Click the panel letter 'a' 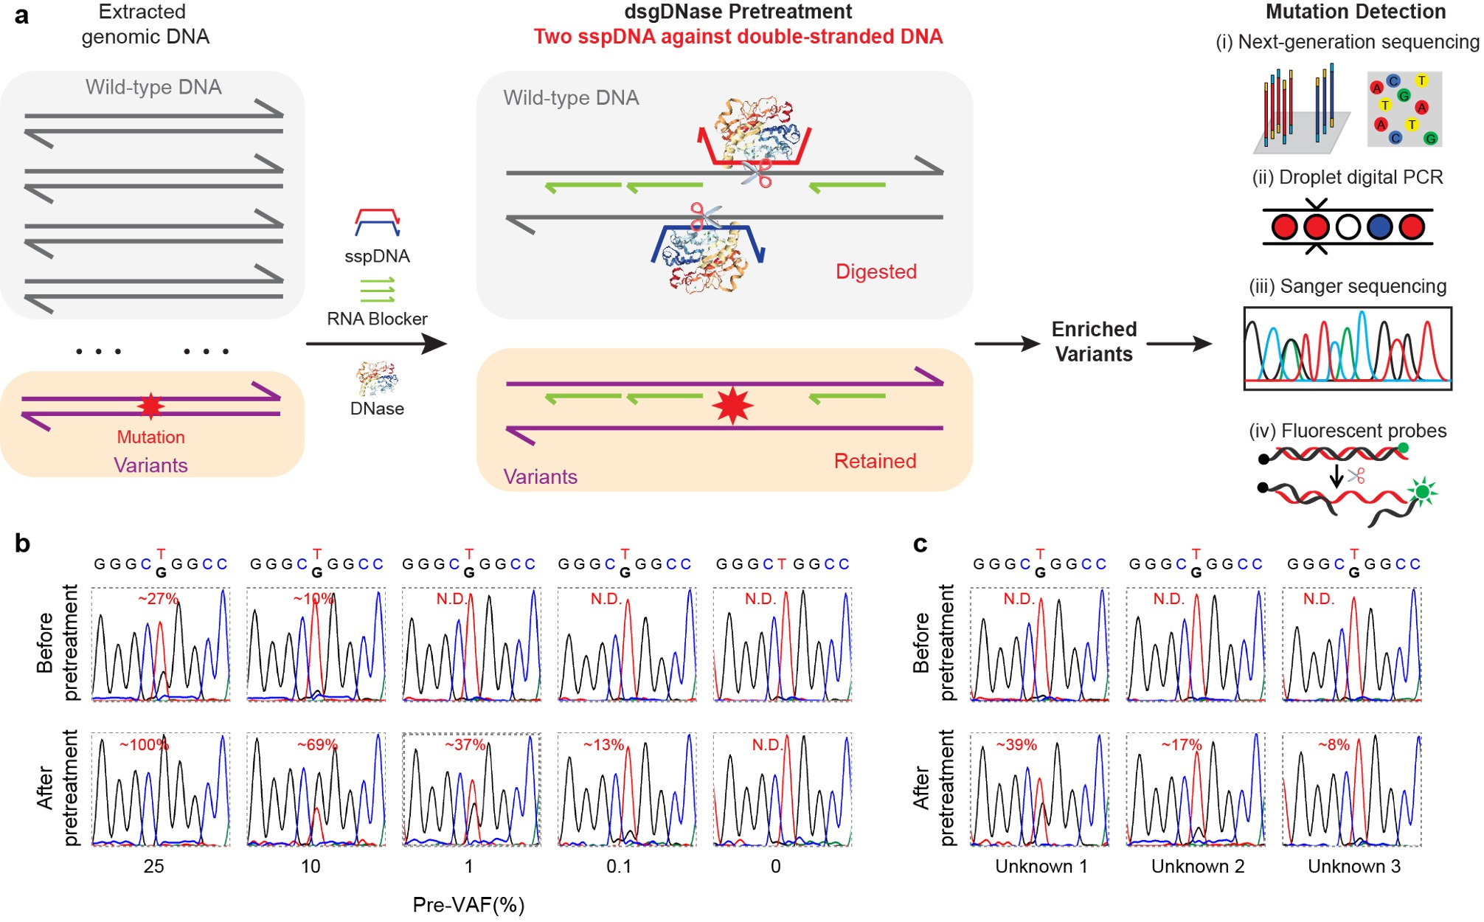click(x=22, y=15)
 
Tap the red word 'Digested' click(x=876, y=271)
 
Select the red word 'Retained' click(x=875, y=461)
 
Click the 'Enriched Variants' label click(x=1094, y=342)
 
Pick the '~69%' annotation click(x=317, y=745)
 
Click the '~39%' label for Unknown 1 click(x=1016, y=745)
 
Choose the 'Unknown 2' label click(x=1198, y=866)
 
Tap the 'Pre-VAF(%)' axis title click(x=468, y=904)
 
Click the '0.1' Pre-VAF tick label click(x=619, y=866)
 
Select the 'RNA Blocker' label click(x=377, y=319)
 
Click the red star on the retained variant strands click(x=732, y=406)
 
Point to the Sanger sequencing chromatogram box click(x=1348, y=348)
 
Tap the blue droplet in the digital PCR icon click(x=1379, y=227)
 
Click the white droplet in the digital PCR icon click(x=1348, y=227)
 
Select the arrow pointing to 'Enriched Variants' click(x=1007, y=344)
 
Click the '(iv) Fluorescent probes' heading click(x=1348, y=431)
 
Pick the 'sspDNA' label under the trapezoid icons click(x=377, y=256)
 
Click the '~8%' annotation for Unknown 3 click(x=1334, y=745)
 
